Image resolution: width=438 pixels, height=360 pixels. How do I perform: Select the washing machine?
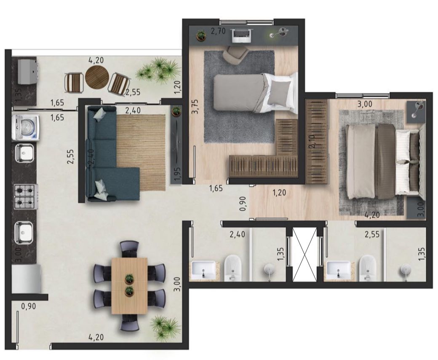(x=25, y=127)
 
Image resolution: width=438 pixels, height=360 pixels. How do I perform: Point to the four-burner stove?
(x=26, y=196)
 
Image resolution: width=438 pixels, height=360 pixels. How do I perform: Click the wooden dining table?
(x=129, y=286)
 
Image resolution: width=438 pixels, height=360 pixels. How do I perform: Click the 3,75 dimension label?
(x=195, y=107)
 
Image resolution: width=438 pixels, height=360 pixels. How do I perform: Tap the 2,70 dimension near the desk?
(x=218, y=31)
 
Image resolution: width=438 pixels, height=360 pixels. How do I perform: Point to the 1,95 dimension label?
(x=177, y=175)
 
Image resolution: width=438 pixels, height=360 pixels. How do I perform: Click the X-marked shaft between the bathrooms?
(x=304, y=254)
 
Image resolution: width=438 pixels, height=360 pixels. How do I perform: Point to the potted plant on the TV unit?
(x=176, y=111)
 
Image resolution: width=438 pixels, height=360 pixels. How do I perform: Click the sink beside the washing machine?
(x=24, y=153)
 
